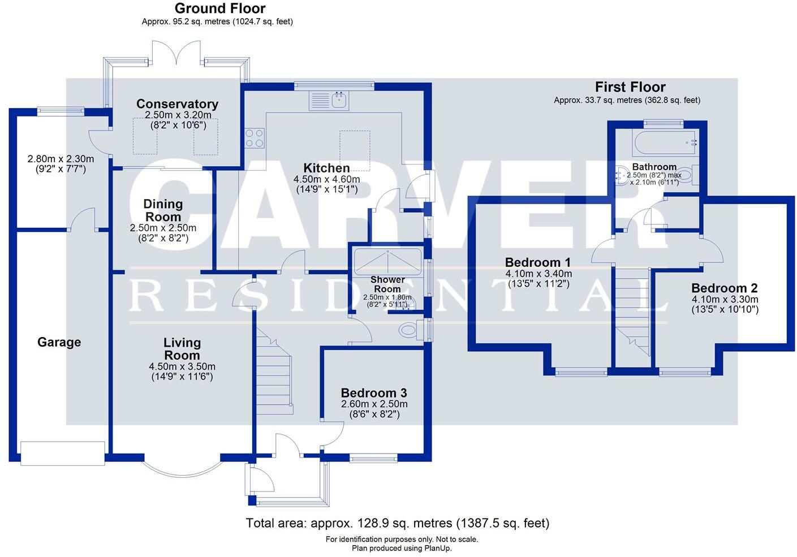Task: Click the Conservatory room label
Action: point(177,104)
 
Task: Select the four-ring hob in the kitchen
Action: point(254,138)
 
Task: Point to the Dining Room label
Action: point(163,210)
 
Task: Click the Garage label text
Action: point(59,342)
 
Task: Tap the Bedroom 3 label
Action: point(374,393)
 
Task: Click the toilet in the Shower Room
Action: point(409,329)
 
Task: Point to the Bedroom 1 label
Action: point(537,262)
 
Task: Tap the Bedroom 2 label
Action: point(724,288)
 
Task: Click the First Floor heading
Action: point(630,87)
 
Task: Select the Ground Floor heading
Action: point(220,8)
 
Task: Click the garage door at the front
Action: point(62,453)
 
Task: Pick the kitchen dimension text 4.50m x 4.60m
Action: point(326,179)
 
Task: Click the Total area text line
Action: point(397,523)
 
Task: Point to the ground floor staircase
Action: point(274,373)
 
